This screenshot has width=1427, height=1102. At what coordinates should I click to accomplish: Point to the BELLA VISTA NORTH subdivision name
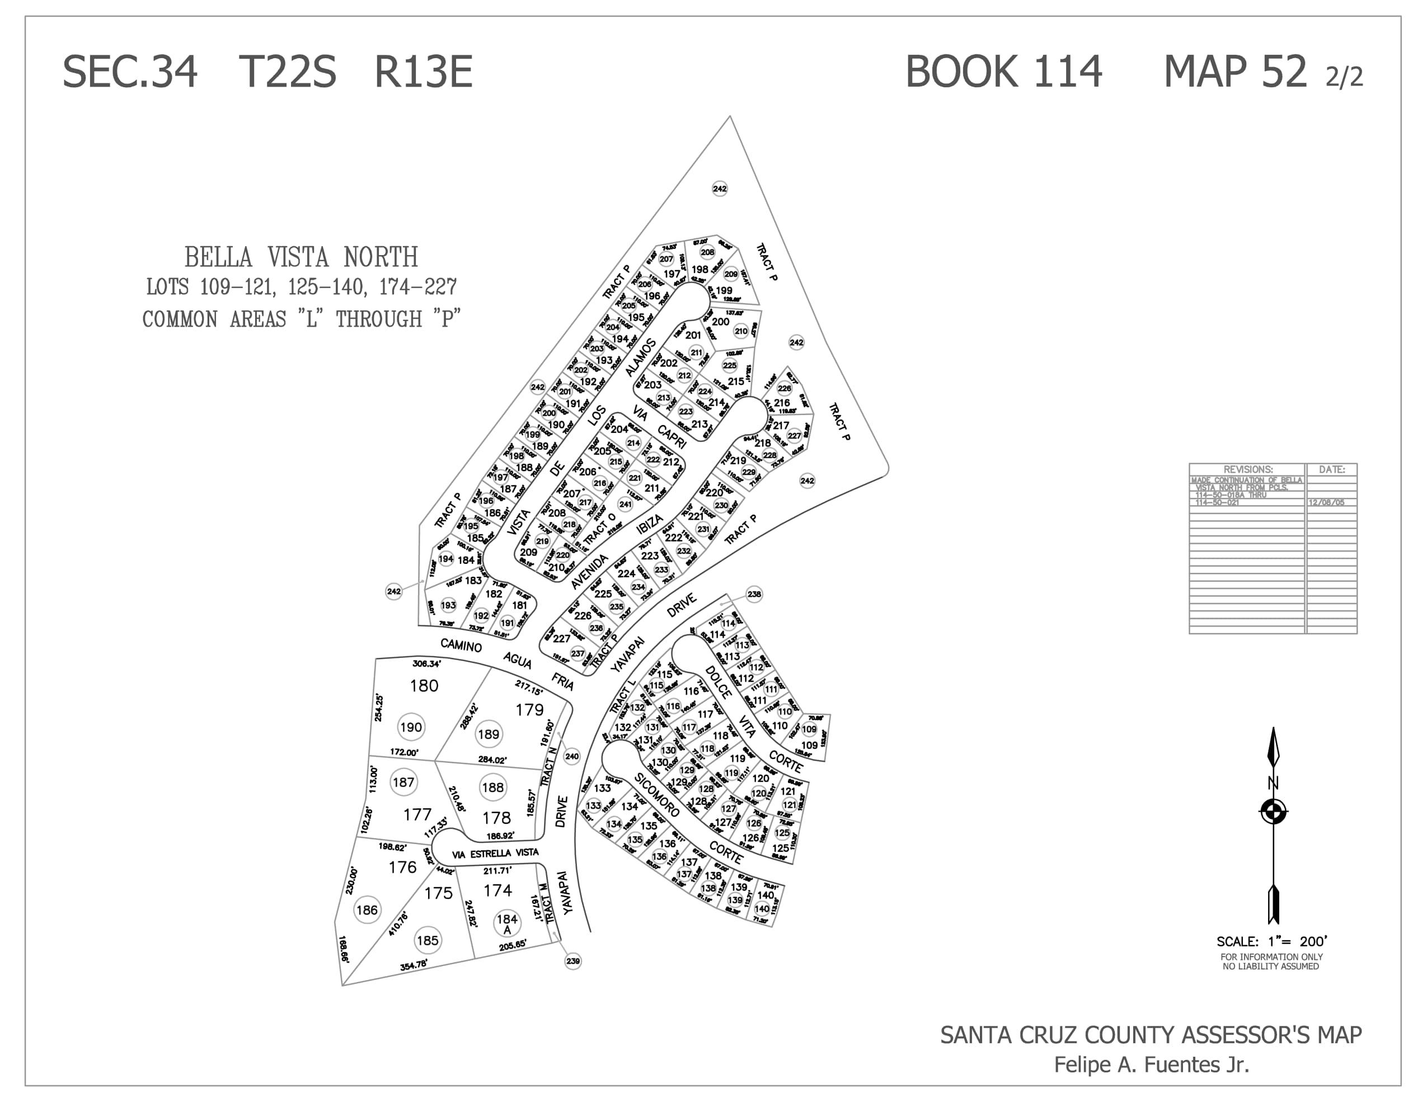(x=301, y=257)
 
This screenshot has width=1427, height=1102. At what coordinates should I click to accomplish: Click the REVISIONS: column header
(x=1247, y=469)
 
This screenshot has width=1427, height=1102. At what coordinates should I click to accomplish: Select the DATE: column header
(x=1331, y=469)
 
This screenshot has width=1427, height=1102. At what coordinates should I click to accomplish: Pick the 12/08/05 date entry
(x=1326, y=502)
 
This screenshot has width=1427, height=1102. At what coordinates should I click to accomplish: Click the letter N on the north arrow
(x=1273, y=783)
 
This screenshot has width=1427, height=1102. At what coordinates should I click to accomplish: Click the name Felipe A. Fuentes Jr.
(x=1151, y=1065)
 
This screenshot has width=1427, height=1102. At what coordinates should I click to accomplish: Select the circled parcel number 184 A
(x=507, y=923)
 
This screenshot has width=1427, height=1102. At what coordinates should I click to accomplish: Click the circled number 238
(x=754, y=594)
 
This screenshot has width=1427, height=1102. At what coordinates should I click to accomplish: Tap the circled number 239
(x=573, y=961)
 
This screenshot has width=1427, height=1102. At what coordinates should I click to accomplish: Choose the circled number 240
(x=572, y=756)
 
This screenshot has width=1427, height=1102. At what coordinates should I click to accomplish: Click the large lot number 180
(x=424, y=686)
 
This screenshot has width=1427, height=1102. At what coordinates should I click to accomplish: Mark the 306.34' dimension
(x=426, y=663)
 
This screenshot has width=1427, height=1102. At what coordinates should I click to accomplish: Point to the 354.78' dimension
(x=414, y=965)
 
